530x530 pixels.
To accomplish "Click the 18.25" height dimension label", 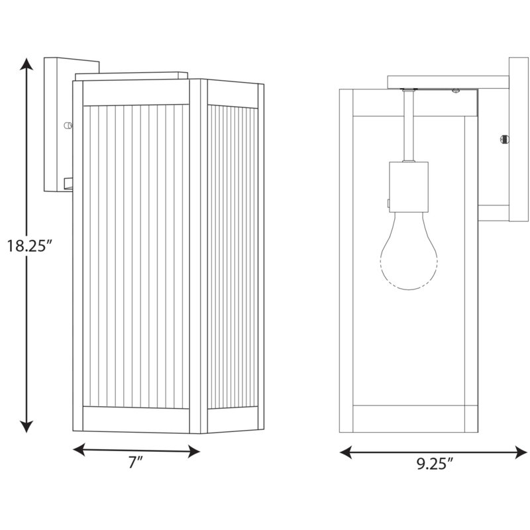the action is pyautogui.click(x=30, y=246).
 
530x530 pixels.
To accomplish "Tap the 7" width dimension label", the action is pyautogui.click(x=136, y=462).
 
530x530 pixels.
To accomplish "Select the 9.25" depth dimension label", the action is pyautogui.click(x=435, y=464).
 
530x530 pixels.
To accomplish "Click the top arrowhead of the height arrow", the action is pyautogui.click(x=26, y=64).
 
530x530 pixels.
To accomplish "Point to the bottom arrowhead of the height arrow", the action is pyautogui.click(x=26, y=427).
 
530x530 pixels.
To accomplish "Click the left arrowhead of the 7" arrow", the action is pyautogui.click(x=79, y=450).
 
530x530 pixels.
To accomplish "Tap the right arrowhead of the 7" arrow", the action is pyautogui.click(x=193, y=452).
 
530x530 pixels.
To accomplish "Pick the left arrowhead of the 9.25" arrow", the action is pyautogui.click(x=346, y=452).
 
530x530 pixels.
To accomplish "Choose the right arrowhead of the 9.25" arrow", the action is pyautogui.click(x=521, y=452).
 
